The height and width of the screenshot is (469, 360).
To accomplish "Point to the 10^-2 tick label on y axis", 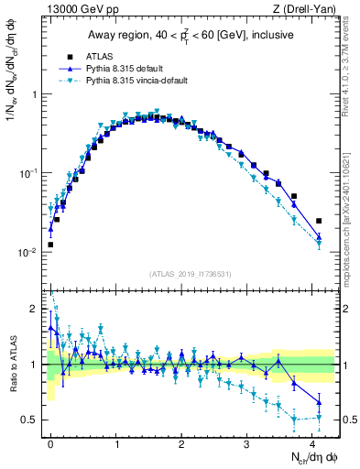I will (x=29, y=252).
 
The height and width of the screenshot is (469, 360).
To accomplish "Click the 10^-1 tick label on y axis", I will (x=29, y=173).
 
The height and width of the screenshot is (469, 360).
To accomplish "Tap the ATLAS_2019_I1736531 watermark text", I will (x=191, y=273).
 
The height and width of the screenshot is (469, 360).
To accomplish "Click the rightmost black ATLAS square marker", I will (x=319, y=221).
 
